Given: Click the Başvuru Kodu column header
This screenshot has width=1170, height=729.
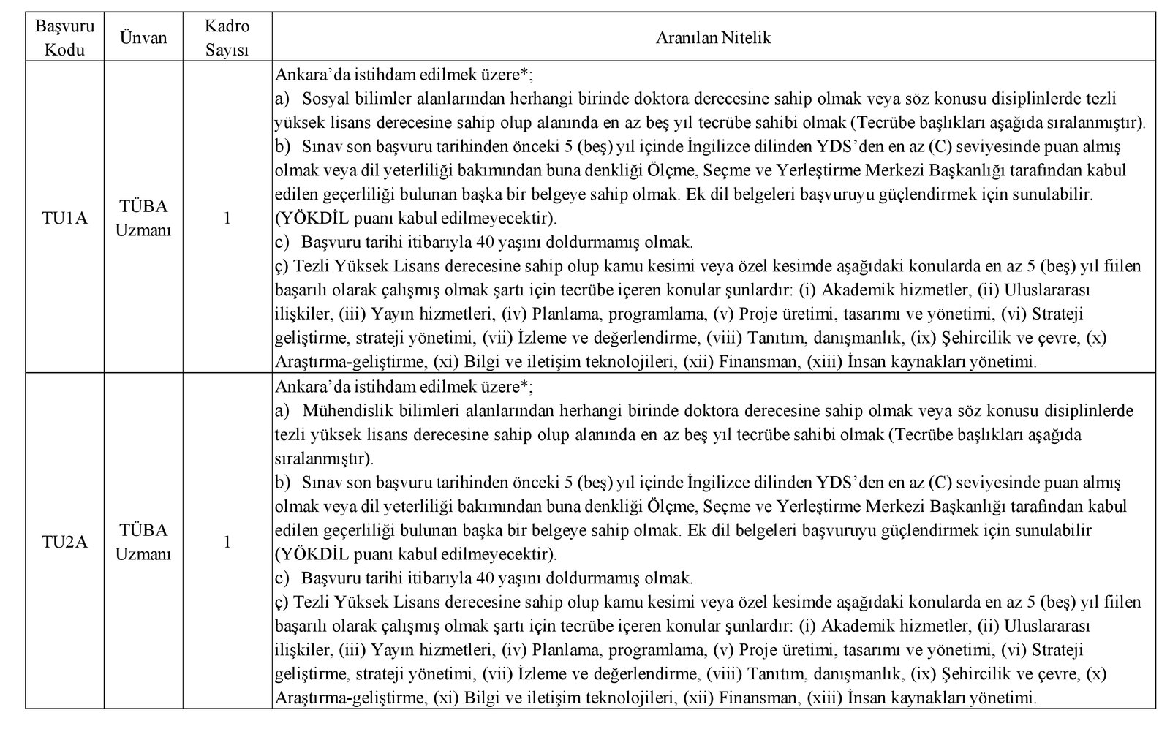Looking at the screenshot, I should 64,38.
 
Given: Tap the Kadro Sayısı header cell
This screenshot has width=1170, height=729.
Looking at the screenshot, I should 227,38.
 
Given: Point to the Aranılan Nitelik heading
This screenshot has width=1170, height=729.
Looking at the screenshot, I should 714,38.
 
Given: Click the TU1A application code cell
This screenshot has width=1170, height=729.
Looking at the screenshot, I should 64,218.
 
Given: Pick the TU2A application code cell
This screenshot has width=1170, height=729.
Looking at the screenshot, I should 64,542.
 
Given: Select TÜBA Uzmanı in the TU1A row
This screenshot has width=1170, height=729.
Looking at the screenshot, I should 144,218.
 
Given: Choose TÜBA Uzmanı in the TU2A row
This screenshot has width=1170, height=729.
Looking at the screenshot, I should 144,542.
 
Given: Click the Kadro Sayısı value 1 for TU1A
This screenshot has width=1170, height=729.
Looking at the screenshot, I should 227,218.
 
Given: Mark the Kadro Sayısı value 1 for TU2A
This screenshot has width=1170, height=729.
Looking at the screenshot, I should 227,542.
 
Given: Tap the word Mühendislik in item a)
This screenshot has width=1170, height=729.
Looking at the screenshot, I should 344,411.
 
